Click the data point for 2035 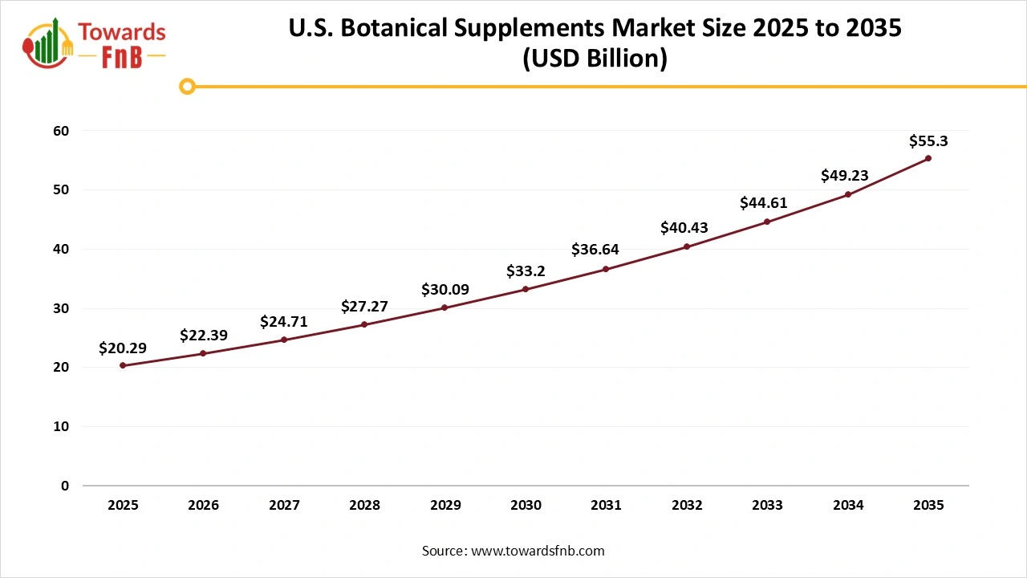point(928,158)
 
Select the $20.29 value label point(123,348)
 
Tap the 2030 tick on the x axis point(526,506)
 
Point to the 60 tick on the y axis point(61,131)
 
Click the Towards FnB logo point(94,44)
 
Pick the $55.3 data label point(928,141)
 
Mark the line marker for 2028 point(364,324)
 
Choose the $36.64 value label point(595,250)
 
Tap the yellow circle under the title point(187,87)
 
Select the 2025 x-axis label point(123,506)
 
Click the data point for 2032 point(687,246)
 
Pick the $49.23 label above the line point(844,176)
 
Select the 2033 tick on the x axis point(767,506)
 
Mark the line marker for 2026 point(203,353)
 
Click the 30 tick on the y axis point(61,308)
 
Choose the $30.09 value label point(445,290)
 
